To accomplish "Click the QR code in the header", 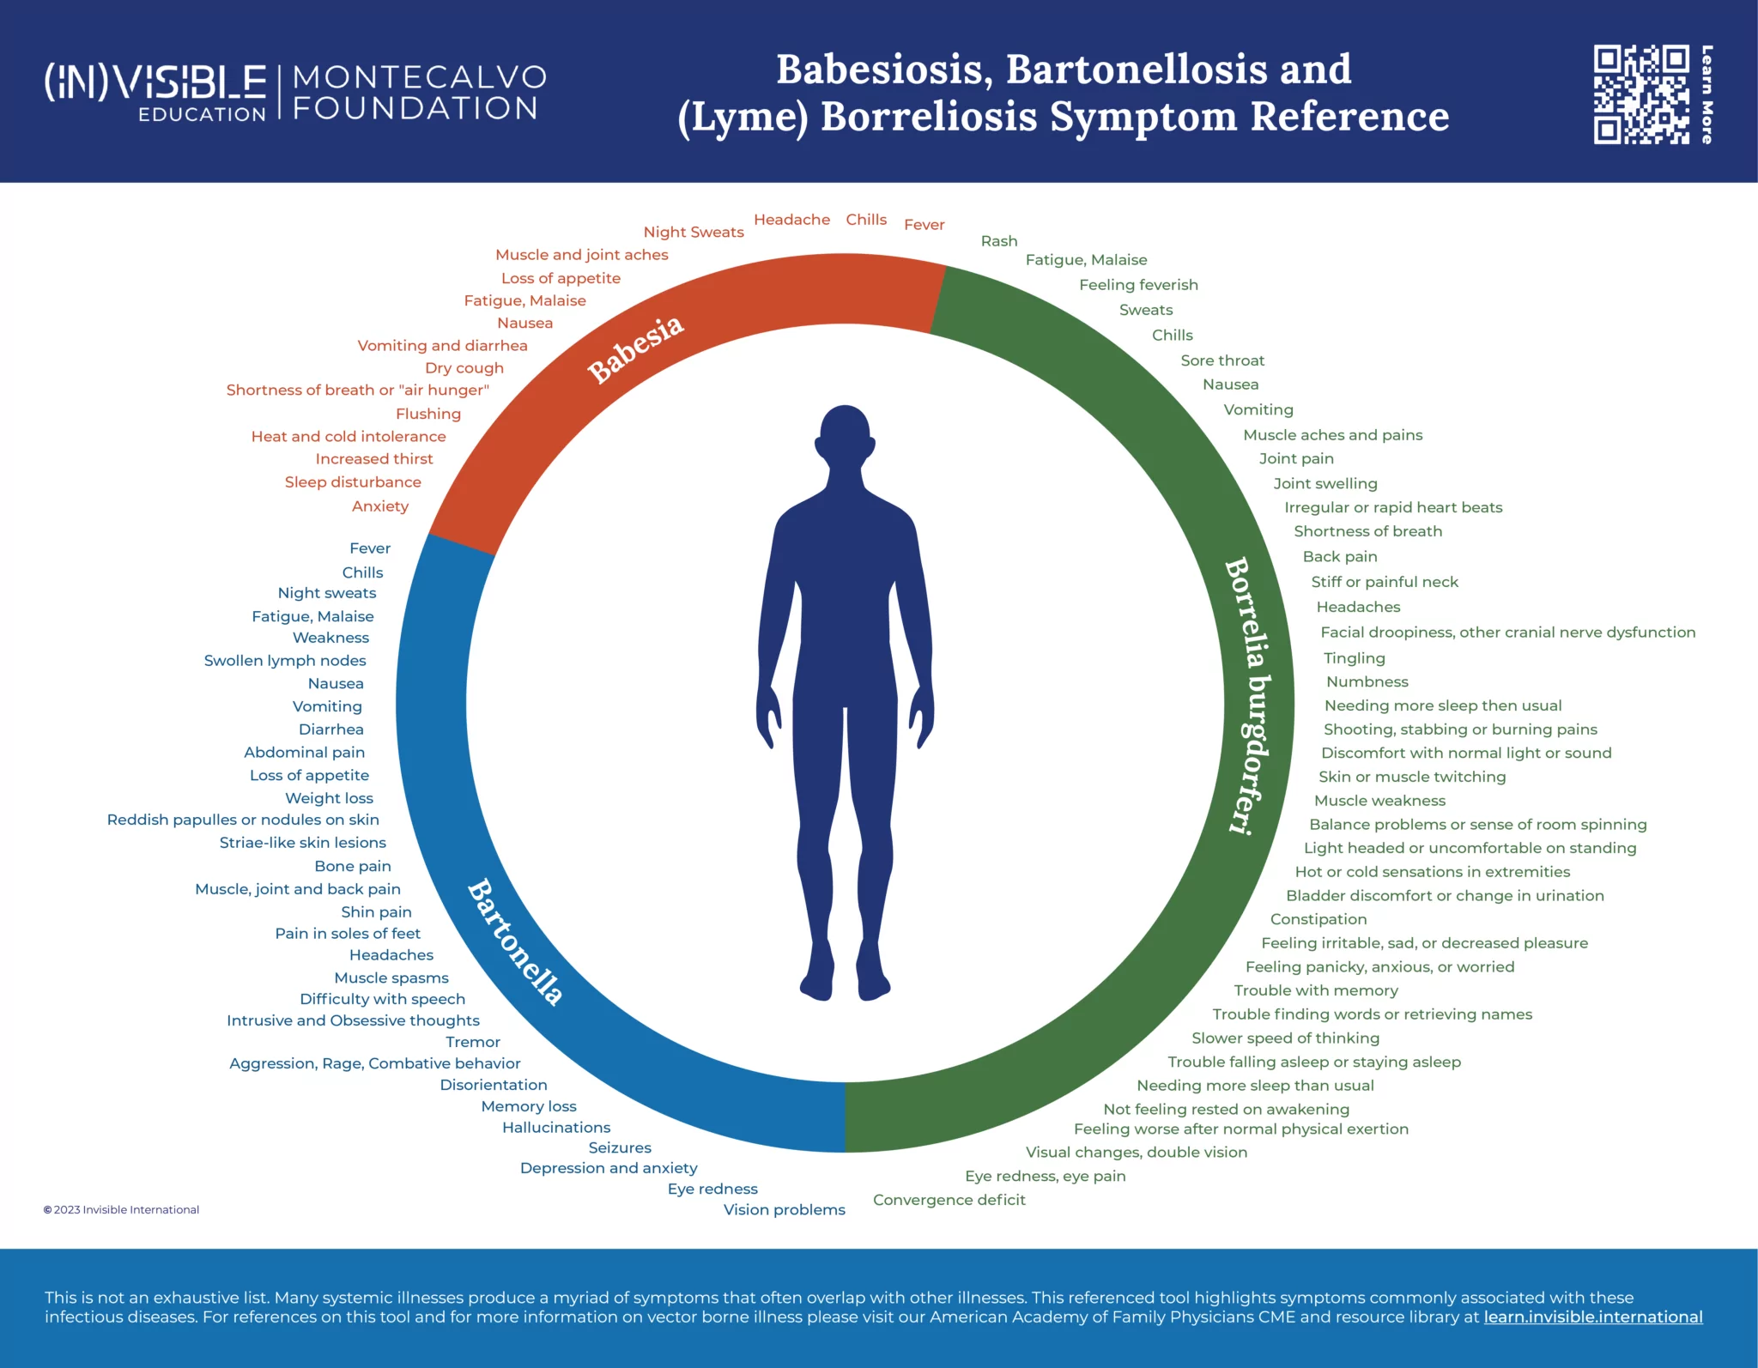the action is (x=1641, y=94).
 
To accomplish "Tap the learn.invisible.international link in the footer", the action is (x=1593, y=1317).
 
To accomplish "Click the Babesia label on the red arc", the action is (x=636, y=349).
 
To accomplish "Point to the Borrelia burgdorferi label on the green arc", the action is (x=1249, y=696).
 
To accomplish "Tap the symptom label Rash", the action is (x=999, y=241).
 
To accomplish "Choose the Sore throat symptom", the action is (x=1222, y=360).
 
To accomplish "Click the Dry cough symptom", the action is (x=464, y=368).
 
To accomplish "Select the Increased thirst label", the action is (x=374, y=459).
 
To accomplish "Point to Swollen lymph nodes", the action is (x=285, y=661).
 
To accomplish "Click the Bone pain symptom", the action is (x=353, y=867).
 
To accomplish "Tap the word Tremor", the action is (x=473, y=1042).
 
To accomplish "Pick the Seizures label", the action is (x=620, y=1148).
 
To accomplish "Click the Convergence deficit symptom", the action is (x=949, y=1200).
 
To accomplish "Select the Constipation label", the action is (x=1318, y=919).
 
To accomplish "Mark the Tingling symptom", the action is (x=1355, y=658).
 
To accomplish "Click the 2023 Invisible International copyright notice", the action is (x=121, y=1210).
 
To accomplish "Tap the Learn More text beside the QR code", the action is (x=1707, y=94).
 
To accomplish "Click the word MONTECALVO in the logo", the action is (x=420, y=77).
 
